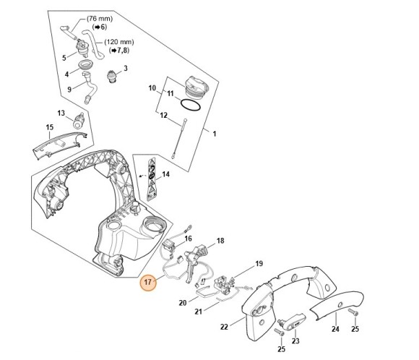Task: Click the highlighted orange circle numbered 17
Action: (147, 282)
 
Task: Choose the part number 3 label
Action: (125, 69)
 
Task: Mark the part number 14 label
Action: (165, 174)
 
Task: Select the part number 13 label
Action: (61, 113)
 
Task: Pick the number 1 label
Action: (213, 133)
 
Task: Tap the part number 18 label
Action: (220, 240)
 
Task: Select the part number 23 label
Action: (295, 340)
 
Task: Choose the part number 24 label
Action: (334, 329)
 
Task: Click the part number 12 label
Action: (163, 116)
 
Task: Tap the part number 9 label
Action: (69, 90)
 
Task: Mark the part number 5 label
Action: (64, 58)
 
